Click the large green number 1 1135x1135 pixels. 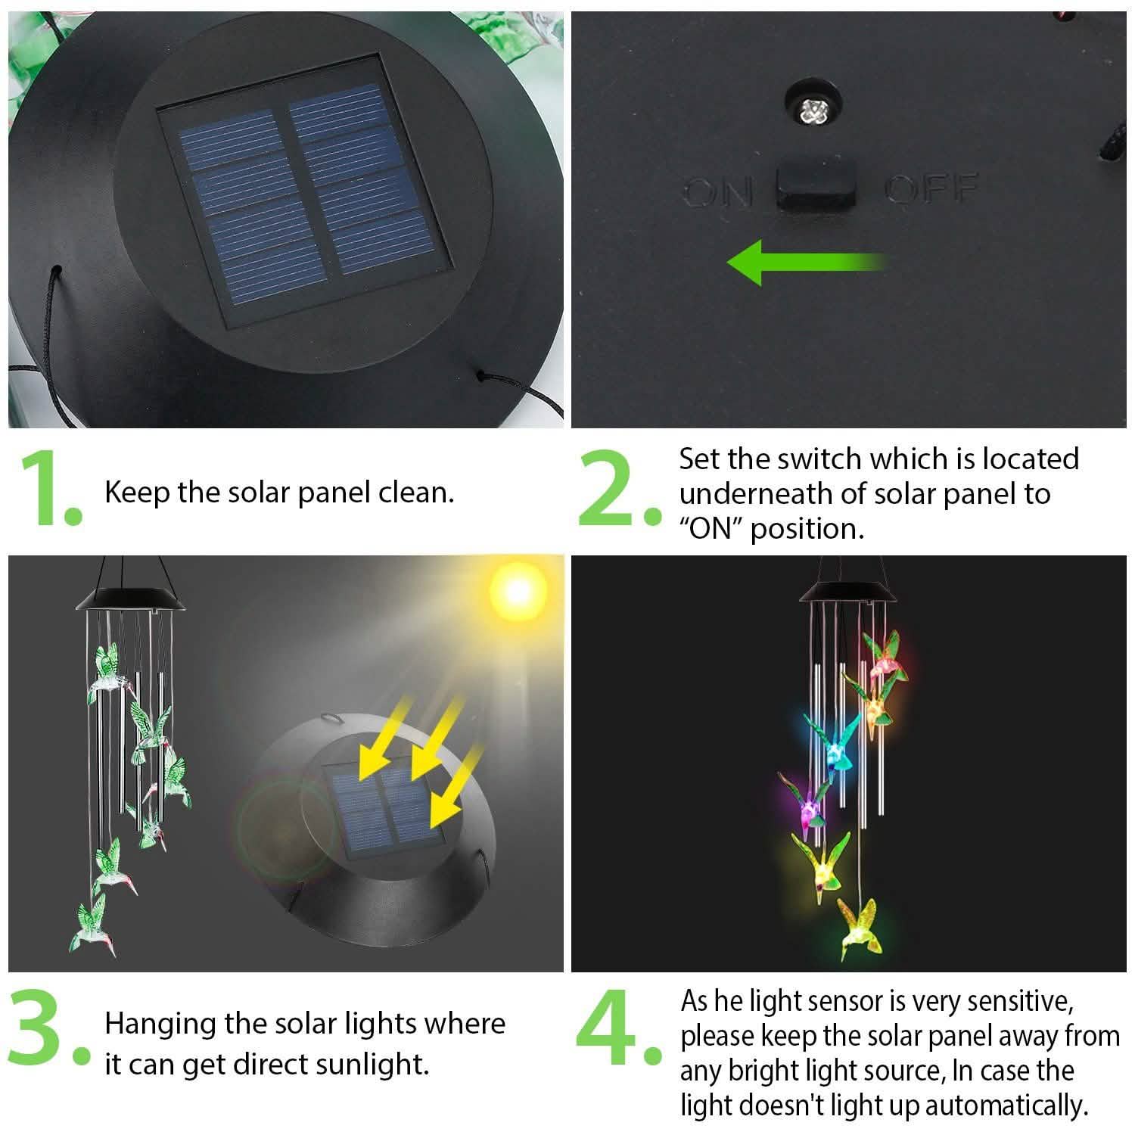coord(47,488)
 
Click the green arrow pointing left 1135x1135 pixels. coord(806,262)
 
